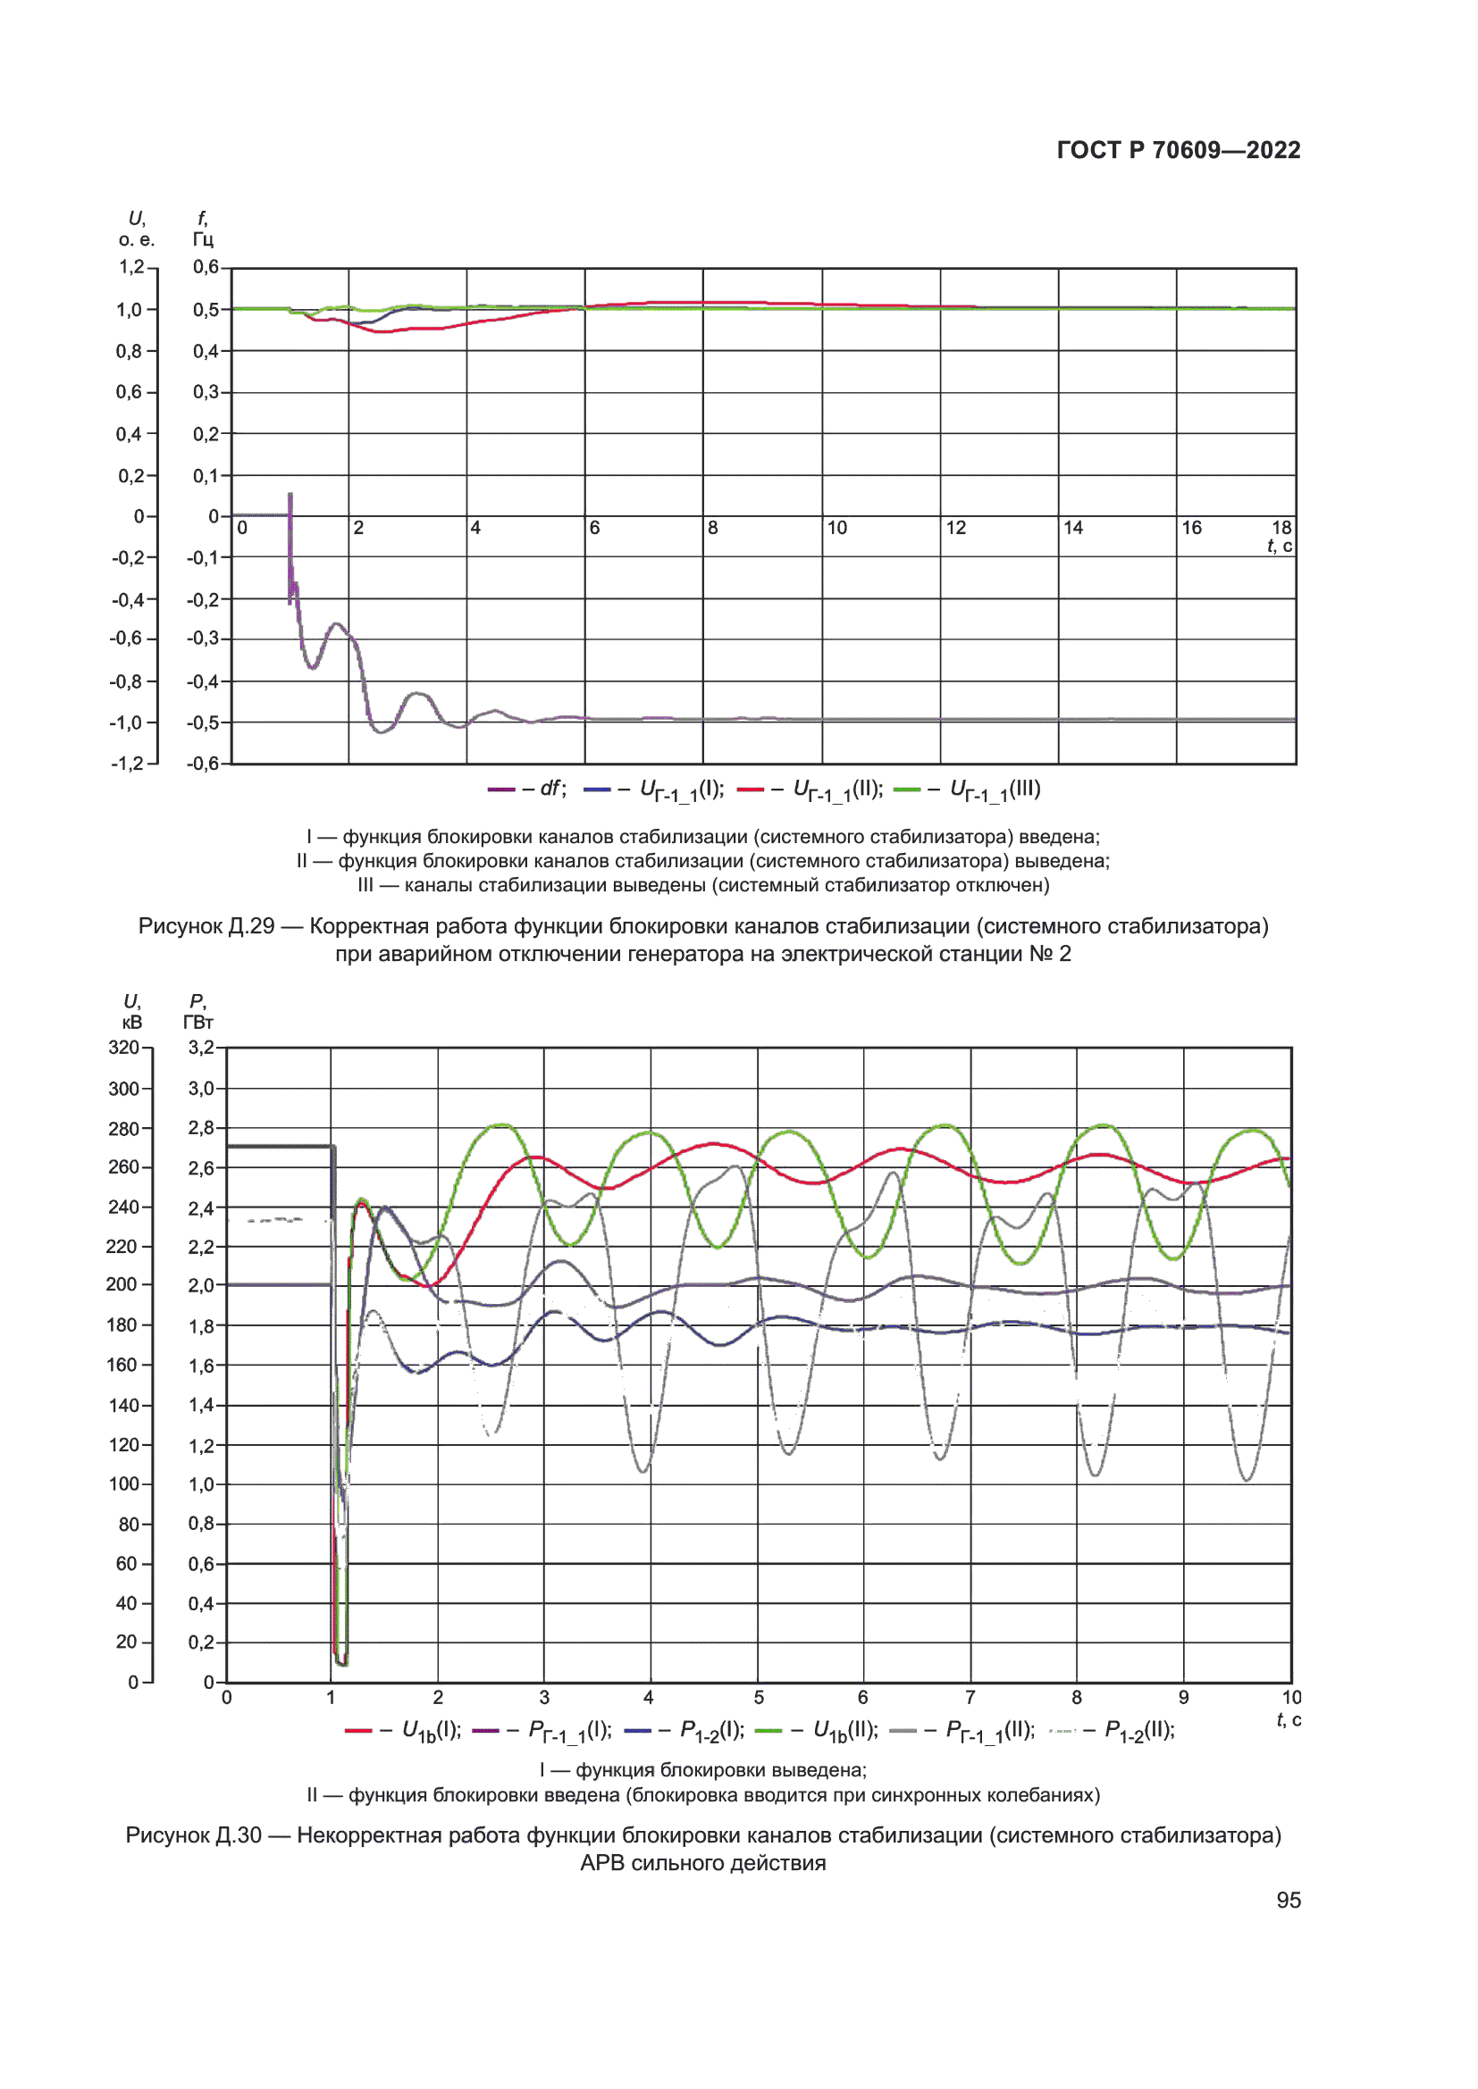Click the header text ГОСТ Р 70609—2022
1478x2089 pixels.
pos(1178,150)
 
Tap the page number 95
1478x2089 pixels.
pos(1288,1900)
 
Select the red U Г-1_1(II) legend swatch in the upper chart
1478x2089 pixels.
pos(750,790)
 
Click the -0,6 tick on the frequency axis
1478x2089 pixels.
pos(203,764)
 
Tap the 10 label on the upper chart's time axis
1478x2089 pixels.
pos(836,528)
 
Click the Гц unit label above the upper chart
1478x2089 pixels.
pos(203,239)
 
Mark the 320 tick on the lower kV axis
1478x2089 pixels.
pos(124,1048)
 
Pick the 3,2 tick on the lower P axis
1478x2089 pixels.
pos(201,1048)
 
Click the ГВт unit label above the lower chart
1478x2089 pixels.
pos(198,1023)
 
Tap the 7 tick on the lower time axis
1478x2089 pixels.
pos(970,1698)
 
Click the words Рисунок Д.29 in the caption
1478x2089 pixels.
pos(206,926)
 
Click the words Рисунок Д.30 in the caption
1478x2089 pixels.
pos(194,1835)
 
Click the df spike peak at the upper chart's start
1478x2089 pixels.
pos(290,494)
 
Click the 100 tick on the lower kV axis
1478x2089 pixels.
pos(124,1484)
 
